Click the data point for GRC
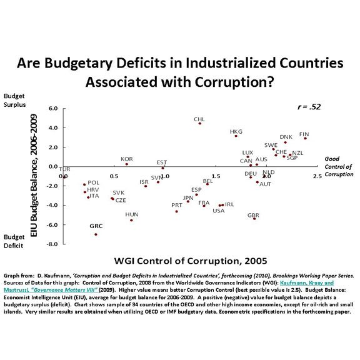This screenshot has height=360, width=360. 96,234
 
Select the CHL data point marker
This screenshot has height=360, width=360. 200,123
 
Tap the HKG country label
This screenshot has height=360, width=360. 236,132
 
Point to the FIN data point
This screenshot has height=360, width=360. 305,138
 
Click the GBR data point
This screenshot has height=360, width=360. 254,219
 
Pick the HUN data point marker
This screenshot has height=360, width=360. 131,220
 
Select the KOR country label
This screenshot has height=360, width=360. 127,159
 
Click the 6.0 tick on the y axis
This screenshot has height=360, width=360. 53,108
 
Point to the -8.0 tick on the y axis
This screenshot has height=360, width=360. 53,243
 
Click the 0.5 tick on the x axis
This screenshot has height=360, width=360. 115,177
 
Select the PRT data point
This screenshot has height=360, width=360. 177,211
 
